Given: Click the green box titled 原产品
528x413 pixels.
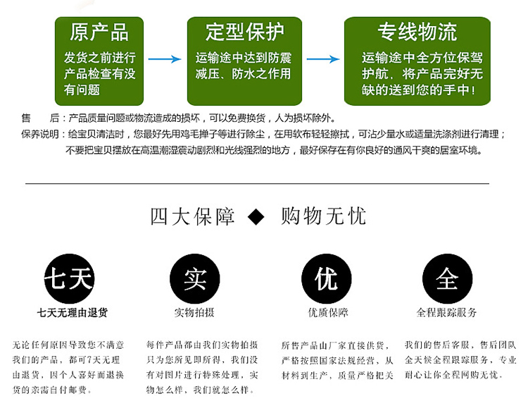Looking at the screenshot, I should click(x=99, y=61).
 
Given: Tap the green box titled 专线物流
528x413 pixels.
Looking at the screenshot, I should click(x=417, y=61).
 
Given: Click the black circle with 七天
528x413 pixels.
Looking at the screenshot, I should click(x=68, y=280).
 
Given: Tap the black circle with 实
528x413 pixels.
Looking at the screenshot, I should click(x=194, y=280).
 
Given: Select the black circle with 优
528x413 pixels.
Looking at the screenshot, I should click(x=326, y=280).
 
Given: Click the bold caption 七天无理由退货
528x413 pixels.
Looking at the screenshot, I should click(x=68, y=312).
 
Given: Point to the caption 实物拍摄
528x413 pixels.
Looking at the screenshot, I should click(x=194, y=312).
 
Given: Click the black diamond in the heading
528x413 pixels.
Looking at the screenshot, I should click(x=257, y=216).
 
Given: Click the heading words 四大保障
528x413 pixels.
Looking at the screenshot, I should click(x=192, y=216).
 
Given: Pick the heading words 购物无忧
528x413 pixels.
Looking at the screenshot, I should click(x=323, y=216).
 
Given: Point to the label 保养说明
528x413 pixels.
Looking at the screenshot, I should click(x=41, y=134).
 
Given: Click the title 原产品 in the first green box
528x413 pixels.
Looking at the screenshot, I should click(x=99, y=32).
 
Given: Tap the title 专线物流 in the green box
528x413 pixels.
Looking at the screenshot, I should click(x=417, y=32).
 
